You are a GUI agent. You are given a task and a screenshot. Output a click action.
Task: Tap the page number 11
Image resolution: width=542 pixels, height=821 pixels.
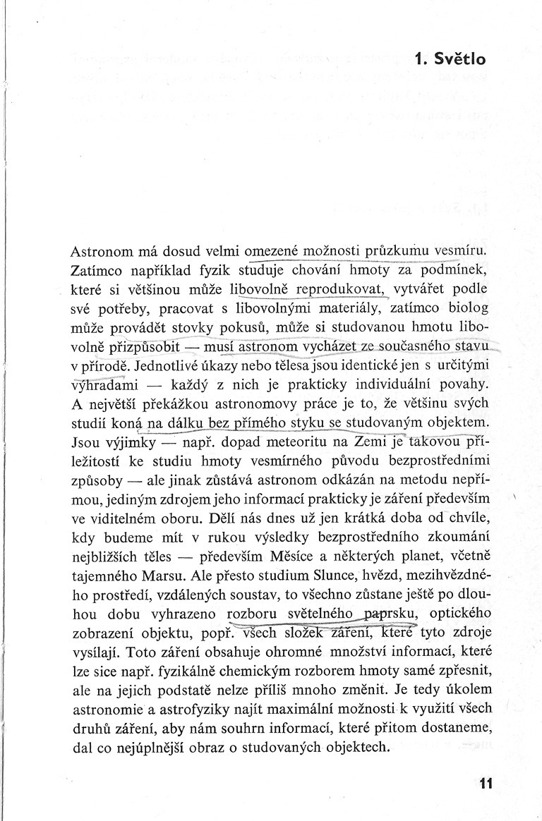click(484, 784)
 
